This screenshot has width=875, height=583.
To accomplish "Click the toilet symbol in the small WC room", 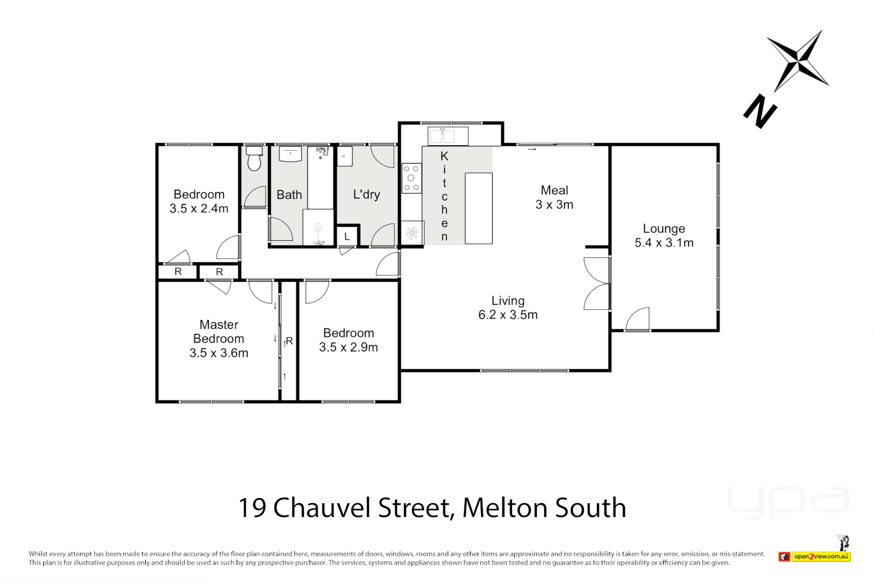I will [x=254, y=159].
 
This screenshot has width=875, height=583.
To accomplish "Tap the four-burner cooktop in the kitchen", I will [x=412, y=178].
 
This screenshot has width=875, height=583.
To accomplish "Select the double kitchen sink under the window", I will [x=448, y=136].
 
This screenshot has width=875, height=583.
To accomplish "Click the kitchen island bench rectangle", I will [x=479, y=208].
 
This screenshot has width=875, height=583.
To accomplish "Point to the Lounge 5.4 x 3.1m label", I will [x=664, y=236].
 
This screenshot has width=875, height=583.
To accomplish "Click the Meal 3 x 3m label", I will [x=554, y=197].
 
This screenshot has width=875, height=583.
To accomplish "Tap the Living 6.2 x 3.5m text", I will [x=508, y=308].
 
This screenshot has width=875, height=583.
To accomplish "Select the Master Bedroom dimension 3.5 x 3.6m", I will [x=219, y=353].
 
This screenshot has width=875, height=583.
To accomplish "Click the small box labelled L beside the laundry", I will [x=347, y=236].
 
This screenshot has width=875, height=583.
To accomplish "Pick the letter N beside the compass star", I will [x=760, y=111].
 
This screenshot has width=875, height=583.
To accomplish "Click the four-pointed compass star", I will [x=799, y=60].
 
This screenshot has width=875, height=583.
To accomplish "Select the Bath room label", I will [x=289, y=195].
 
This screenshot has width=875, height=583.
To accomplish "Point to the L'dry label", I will [x=366, y=194].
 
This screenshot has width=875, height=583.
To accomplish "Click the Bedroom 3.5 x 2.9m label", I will [x=348, y=340].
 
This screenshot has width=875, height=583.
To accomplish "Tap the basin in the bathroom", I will [x=290, y=154].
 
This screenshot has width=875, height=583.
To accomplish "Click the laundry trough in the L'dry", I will [x=345, y=157].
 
